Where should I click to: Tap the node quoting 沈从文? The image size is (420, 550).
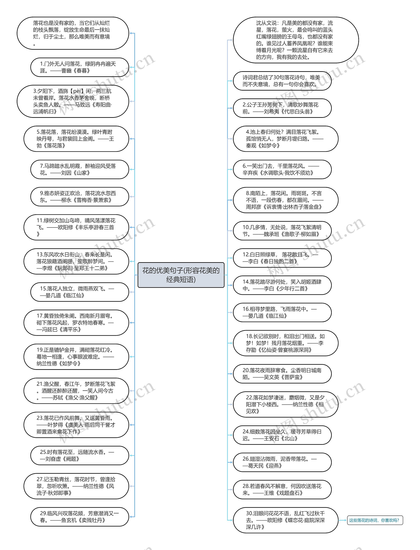296,40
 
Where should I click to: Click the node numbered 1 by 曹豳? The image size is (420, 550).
80,67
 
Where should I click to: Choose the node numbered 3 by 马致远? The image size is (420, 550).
73,101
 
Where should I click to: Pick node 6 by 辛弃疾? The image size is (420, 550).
282,169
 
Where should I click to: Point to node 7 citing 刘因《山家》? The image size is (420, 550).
80,169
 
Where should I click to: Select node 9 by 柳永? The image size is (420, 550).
80,197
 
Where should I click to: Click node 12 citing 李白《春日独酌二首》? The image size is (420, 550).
282,258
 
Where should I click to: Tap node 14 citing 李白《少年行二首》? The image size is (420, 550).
282,285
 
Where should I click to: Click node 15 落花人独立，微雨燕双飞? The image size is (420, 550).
80,292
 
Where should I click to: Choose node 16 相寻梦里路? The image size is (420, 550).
282,313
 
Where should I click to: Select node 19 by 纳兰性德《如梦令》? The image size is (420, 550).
76,357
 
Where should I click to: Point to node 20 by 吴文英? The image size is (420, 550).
282,374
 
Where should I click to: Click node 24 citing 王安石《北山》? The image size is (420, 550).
282,435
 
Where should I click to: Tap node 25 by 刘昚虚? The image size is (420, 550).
80,455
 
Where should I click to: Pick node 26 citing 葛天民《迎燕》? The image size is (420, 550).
282,462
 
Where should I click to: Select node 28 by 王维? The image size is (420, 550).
282,489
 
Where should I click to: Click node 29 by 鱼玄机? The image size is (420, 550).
80,517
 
